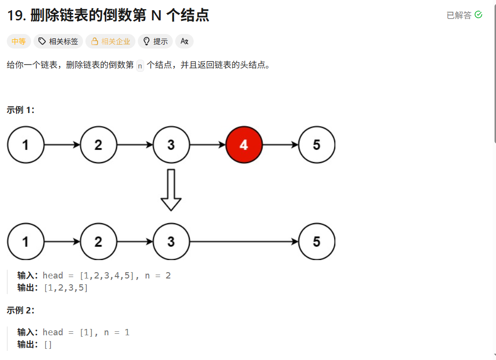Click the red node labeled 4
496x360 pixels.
244,145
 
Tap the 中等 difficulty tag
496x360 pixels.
19,42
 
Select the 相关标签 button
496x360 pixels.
58,42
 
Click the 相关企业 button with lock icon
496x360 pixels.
110,42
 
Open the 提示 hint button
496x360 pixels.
155,42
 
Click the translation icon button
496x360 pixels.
184,42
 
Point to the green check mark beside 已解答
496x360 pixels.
479,15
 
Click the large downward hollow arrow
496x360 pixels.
171,190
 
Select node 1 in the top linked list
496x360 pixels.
26,145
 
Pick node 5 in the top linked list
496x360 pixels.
317,145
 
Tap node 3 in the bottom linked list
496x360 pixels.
171,242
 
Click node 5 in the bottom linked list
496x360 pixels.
317,242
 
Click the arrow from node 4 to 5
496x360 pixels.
281,145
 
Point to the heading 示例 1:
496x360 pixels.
20,110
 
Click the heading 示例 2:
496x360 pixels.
20,310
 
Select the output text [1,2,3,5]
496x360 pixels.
66,288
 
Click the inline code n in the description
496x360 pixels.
140,65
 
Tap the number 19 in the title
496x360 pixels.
16,16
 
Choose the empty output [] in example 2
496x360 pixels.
48,344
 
